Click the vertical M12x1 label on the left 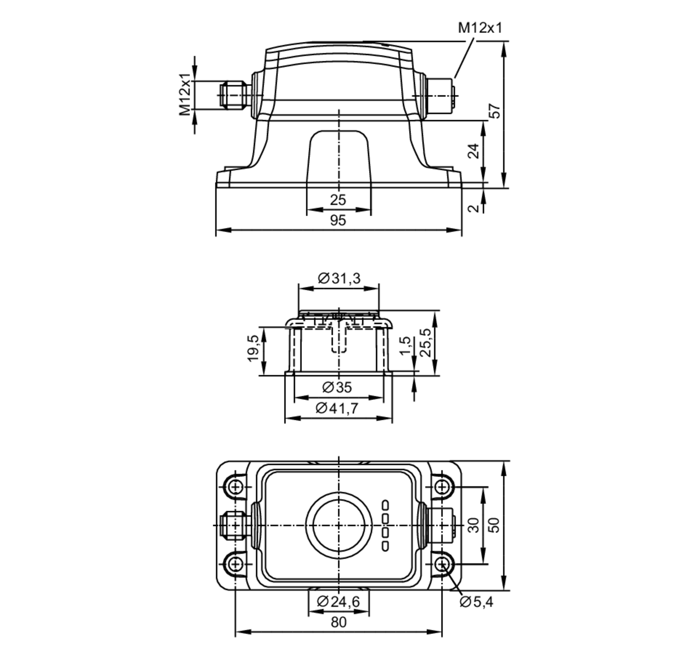[x=185, y=94]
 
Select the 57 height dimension [x=496, y=111]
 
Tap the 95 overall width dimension [x=338, y=220]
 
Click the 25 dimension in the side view [x=338, y=200]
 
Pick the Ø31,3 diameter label [x=339, y=279]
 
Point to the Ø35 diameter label [x=337, y=387]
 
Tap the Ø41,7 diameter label [x=337, y=408]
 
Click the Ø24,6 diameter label [x=338, y=602]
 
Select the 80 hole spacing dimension [x=338, y=622]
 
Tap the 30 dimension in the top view [x=474, y=525]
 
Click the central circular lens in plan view [x=338, y=525]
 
